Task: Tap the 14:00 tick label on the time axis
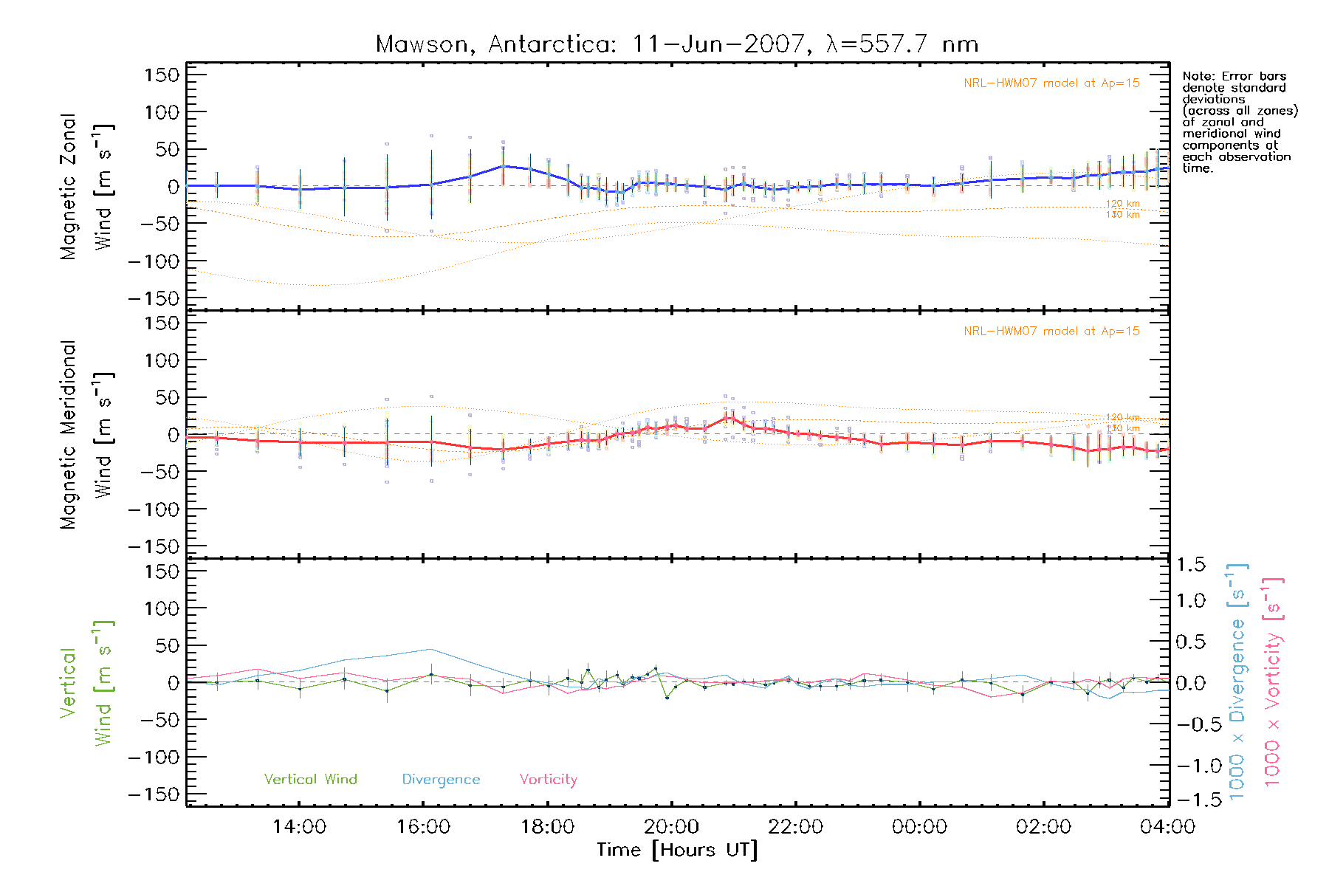coord(299,827)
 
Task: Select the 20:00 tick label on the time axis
coord(671,827)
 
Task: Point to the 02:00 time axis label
coord(1043,827)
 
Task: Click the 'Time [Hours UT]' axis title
coord(677,850)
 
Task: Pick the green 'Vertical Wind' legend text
coord(310,780)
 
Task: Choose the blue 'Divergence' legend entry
coord(441,780)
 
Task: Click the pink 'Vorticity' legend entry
coord(548,780)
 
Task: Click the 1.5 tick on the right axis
coord(1191,565)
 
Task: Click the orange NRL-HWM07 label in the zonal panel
coord(1051,83)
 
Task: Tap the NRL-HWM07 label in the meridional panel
coord(1051,332)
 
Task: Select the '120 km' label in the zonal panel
coord(1122,204)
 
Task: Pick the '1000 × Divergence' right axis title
coord(1237,683)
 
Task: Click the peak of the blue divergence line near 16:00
coord(430,649)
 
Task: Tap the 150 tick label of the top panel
coord(162,75)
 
